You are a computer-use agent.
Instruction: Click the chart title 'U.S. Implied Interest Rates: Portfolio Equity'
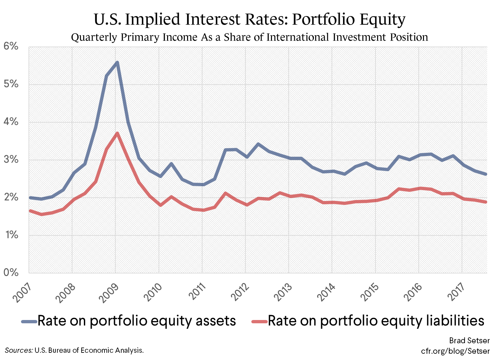point(249,19)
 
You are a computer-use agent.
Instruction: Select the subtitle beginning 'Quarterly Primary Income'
point(249,37)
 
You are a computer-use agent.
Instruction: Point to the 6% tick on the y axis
point(11,46)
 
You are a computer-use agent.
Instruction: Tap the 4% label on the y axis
point(11,122)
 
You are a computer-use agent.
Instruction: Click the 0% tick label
point(11,272)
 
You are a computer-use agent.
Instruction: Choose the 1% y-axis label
point(11,235)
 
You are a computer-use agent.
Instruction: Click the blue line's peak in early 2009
point(117,62)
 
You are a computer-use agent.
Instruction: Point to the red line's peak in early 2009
point(117,133)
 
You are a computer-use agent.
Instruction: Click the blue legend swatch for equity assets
point(29,321)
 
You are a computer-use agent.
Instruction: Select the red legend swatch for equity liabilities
point(259,321)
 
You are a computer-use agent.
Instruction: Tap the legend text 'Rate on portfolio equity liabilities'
point(376,321)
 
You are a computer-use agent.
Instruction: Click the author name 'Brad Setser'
point(469,341)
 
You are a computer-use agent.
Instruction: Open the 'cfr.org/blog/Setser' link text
point(455,351)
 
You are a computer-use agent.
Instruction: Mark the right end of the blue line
point(486,174)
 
